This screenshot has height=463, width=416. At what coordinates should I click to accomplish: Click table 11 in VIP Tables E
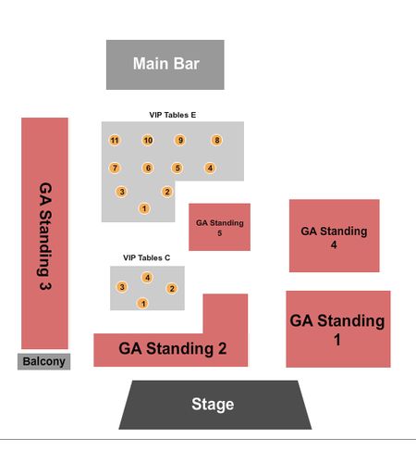pos(115,141)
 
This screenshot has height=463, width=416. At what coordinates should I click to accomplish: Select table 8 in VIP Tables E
pos(217,141)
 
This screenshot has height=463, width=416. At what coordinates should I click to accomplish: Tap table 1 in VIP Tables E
pos(144,208)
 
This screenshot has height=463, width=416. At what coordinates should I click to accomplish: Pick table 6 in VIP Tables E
pos(148,169)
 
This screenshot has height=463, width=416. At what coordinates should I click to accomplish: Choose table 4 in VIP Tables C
pos(147,278)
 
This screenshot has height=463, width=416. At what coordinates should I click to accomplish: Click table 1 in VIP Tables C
pos(142,304)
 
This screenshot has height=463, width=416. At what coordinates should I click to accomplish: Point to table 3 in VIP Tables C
pos(122,287)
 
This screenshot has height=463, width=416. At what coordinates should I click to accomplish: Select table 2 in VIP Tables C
pos(172,289)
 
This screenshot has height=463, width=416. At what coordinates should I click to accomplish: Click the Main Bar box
pos(165,65)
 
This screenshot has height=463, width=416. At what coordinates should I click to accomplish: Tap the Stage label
pos(213,405)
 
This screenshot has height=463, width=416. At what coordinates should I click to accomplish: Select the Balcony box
pos(44,361)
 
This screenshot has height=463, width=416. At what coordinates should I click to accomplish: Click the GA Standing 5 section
pos(219,227)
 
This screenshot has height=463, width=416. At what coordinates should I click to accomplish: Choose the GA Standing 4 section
pos(335,236)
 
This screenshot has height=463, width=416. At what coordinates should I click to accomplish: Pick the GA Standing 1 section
pos(338,329)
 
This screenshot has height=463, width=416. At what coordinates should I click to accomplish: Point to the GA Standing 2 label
pos(173,349)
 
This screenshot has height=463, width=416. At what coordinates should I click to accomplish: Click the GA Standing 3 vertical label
pos(45,236)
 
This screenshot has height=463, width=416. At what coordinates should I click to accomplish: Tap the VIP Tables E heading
pos(173,115)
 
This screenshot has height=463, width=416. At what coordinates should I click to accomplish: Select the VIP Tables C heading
pos(147,257)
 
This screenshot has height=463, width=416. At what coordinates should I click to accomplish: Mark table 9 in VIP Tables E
pos(180,141)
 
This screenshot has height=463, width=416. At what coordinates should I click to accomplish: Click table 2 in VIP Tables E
pos(167,192)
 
